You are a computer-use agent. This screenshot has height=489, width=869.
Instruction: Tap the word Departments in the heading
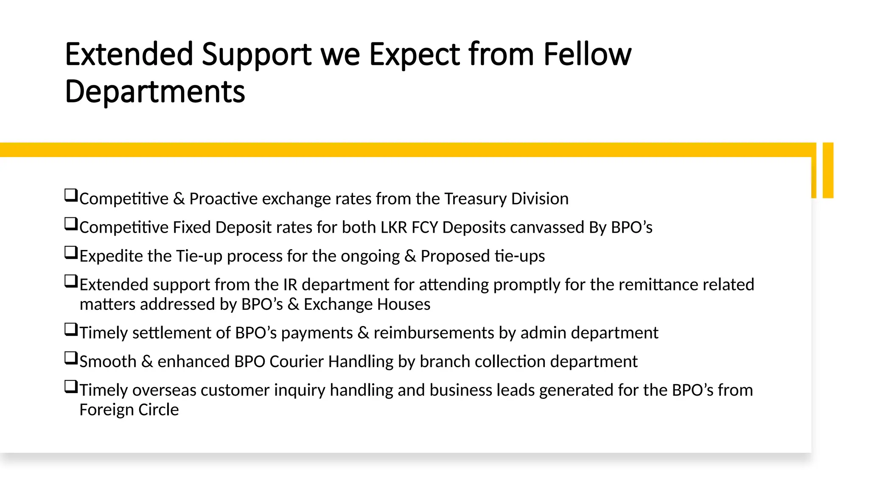pos(155,92)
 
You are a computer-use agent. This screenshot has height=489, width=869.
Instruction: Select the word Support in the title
pos(256,55)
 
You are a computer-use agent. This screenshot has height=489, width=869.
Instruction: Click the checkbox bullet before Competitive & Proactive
pos(71,195)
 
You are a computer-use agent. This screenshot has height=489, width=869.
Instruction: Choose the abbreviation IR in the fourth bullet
pos(290,284)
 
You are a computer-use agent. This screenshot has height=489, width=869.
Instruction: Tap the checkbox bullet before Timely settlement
pos(71,329)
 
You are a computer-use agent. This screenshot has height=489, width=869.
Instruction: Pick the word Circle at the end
pos(158,410)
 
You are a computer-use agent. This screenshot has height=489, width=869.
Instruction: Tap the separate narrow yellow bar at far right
pos(828,170)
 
